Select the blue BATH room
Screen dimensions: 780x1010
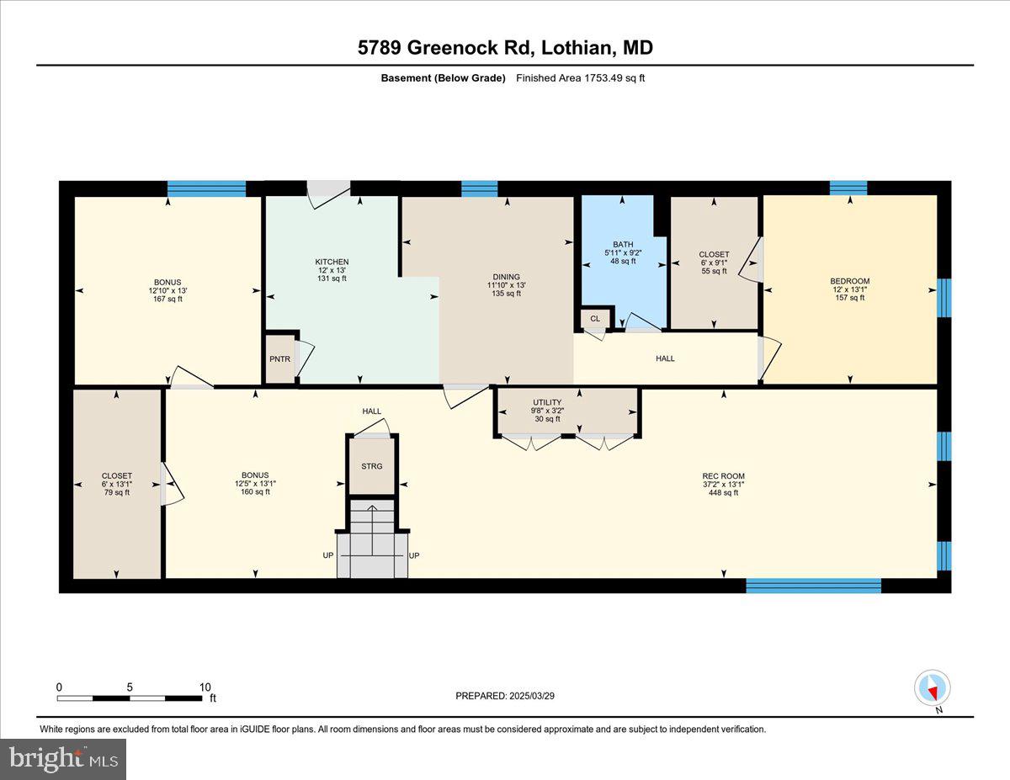point(623,252)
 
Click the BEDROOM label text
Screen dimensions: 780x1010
point(849,281)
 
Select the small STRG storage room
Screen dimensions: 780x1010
point(371,465)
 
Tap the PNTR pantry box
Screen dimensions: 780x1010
point(279,358)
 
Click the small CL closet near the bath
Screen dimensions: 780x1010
point(595,319)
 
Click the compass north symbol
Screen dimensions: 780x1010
point(932,689)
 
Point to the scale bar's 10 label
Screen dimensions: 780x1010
point(205,687)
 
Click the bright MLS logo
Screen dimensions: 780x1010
point(63,759)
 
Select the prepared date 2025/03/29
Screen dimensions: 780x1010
point(505,696)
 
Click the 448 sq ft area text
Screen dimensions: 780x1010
point(723,493)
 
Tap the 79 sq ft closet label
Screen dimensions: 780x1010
point(116,493)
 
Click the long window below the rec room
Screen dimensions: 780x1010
point(813,586)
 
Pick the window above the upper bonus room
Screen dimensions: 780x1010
point(206,188)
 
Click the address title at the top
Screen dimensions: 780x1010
point(505,48)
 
